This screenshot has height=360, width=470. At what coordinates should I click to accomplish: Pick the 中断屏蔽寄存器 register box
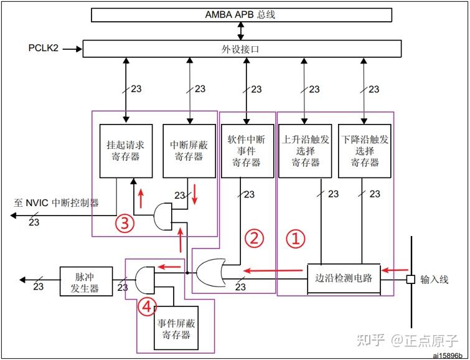tap(187, 151)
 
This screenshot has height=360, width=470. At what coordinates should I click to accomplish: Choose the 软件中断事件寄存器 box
tap(247, 151)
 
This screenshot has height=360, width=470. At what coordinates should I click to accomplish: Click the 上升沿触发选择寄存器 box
tap(306, 151)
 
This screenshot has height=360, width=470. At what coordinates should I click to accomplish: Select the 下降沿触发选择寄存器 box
tap(364, 151)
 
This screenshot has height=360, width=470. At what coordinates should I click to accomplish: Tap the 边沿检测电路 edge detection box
tap(344, 278)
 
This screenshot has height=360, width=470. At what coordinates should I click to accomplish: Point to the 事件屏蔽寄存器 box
tap(174, 329)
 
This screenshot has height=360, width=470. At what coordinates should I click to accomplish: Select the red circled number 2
tap(253, 237)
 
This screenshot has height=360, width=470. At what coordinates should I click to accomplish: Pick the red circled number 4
tap(144, 306)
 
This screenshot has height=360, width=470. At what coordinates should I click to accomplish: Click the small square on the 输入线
tap(410, 279)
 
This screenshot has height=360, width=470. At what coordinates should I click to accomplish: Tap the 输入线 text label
tap(434, 279)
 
